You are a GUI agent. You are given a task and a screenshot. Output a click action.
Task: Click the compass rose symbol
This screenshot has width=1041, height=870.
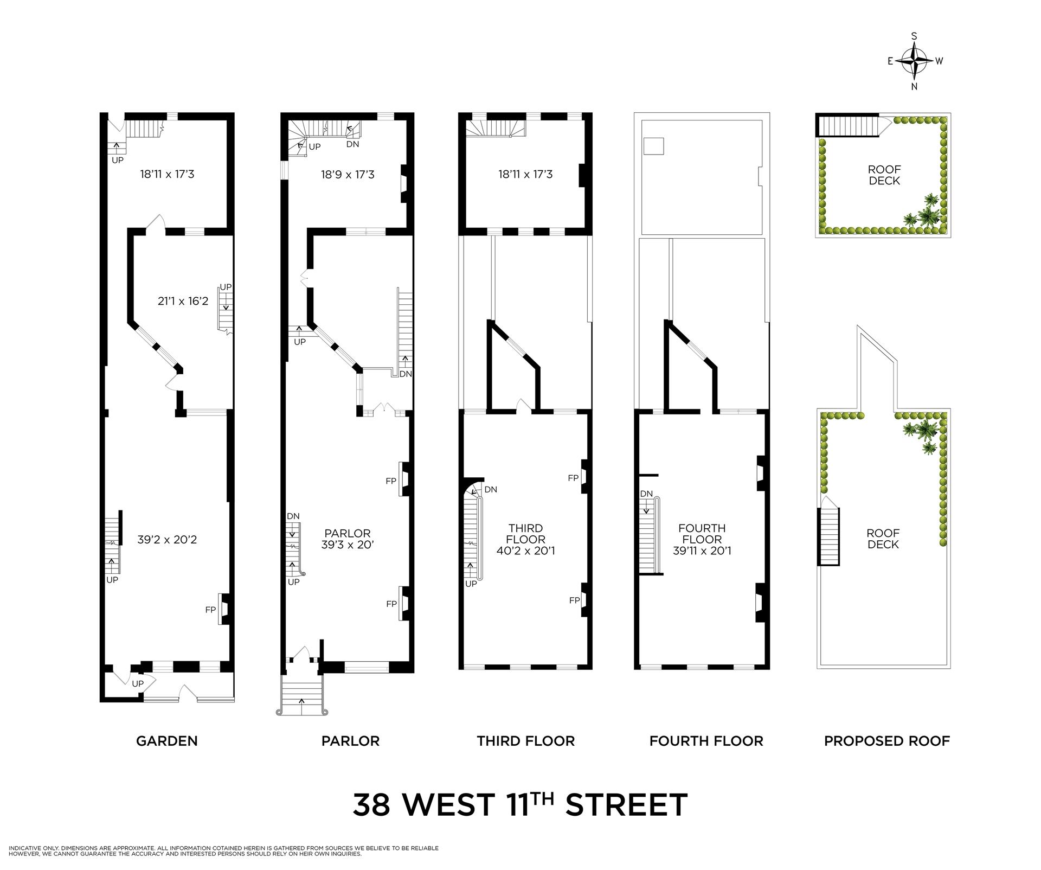click(x=915, y=61)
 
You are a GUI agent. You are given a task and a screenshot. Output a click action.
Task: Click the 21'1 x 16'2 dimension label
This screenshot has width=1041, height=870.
click(x=183, y=300)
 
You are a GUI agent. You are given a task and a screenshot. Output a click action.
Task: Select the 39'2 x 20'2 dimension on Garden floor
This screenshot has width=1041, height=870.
click(x=166, y=540)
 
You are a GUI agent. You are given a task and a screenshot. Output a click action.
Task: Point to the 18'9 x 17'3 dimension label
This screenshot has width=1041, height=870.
click(x=348, y=175)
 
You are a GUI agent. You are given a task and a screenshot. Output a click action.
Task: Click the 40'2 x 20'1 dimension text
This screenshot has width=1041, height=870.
click(x=525, y=551)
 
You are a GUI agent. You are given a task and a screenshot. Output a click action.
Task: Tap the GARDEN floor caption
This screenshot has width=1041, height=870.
click(x=166, y=741)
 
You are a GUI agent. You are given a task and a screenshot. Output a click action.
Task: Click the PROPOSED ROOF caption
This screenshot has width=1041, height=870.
click(x=886, y=741)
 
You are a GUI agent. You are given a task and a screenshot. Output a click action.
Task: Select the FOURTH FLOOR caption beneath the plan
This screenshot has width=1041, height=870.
click(x=706, y=741)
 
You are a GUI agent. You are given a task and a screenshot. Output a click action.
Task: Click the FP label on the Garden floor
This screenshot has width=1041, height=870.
click(x=210, y=610)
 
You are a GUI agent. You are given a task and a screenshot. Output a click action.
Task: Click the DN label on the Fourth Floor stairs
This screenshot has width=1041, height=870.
click(x=646, y=494)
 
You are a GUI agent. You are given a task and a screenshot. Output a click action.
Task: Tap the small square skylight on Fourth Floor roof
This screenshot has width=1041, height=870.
click(x=653, y=146)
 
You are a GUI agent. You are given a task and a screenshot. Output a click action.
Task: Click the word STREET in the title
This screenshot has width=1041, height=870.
click(x=626, y=805)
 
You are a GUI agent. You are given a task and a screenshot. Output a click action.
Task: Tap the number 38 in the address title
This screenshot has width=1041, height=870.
click(x=371, y=805)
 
